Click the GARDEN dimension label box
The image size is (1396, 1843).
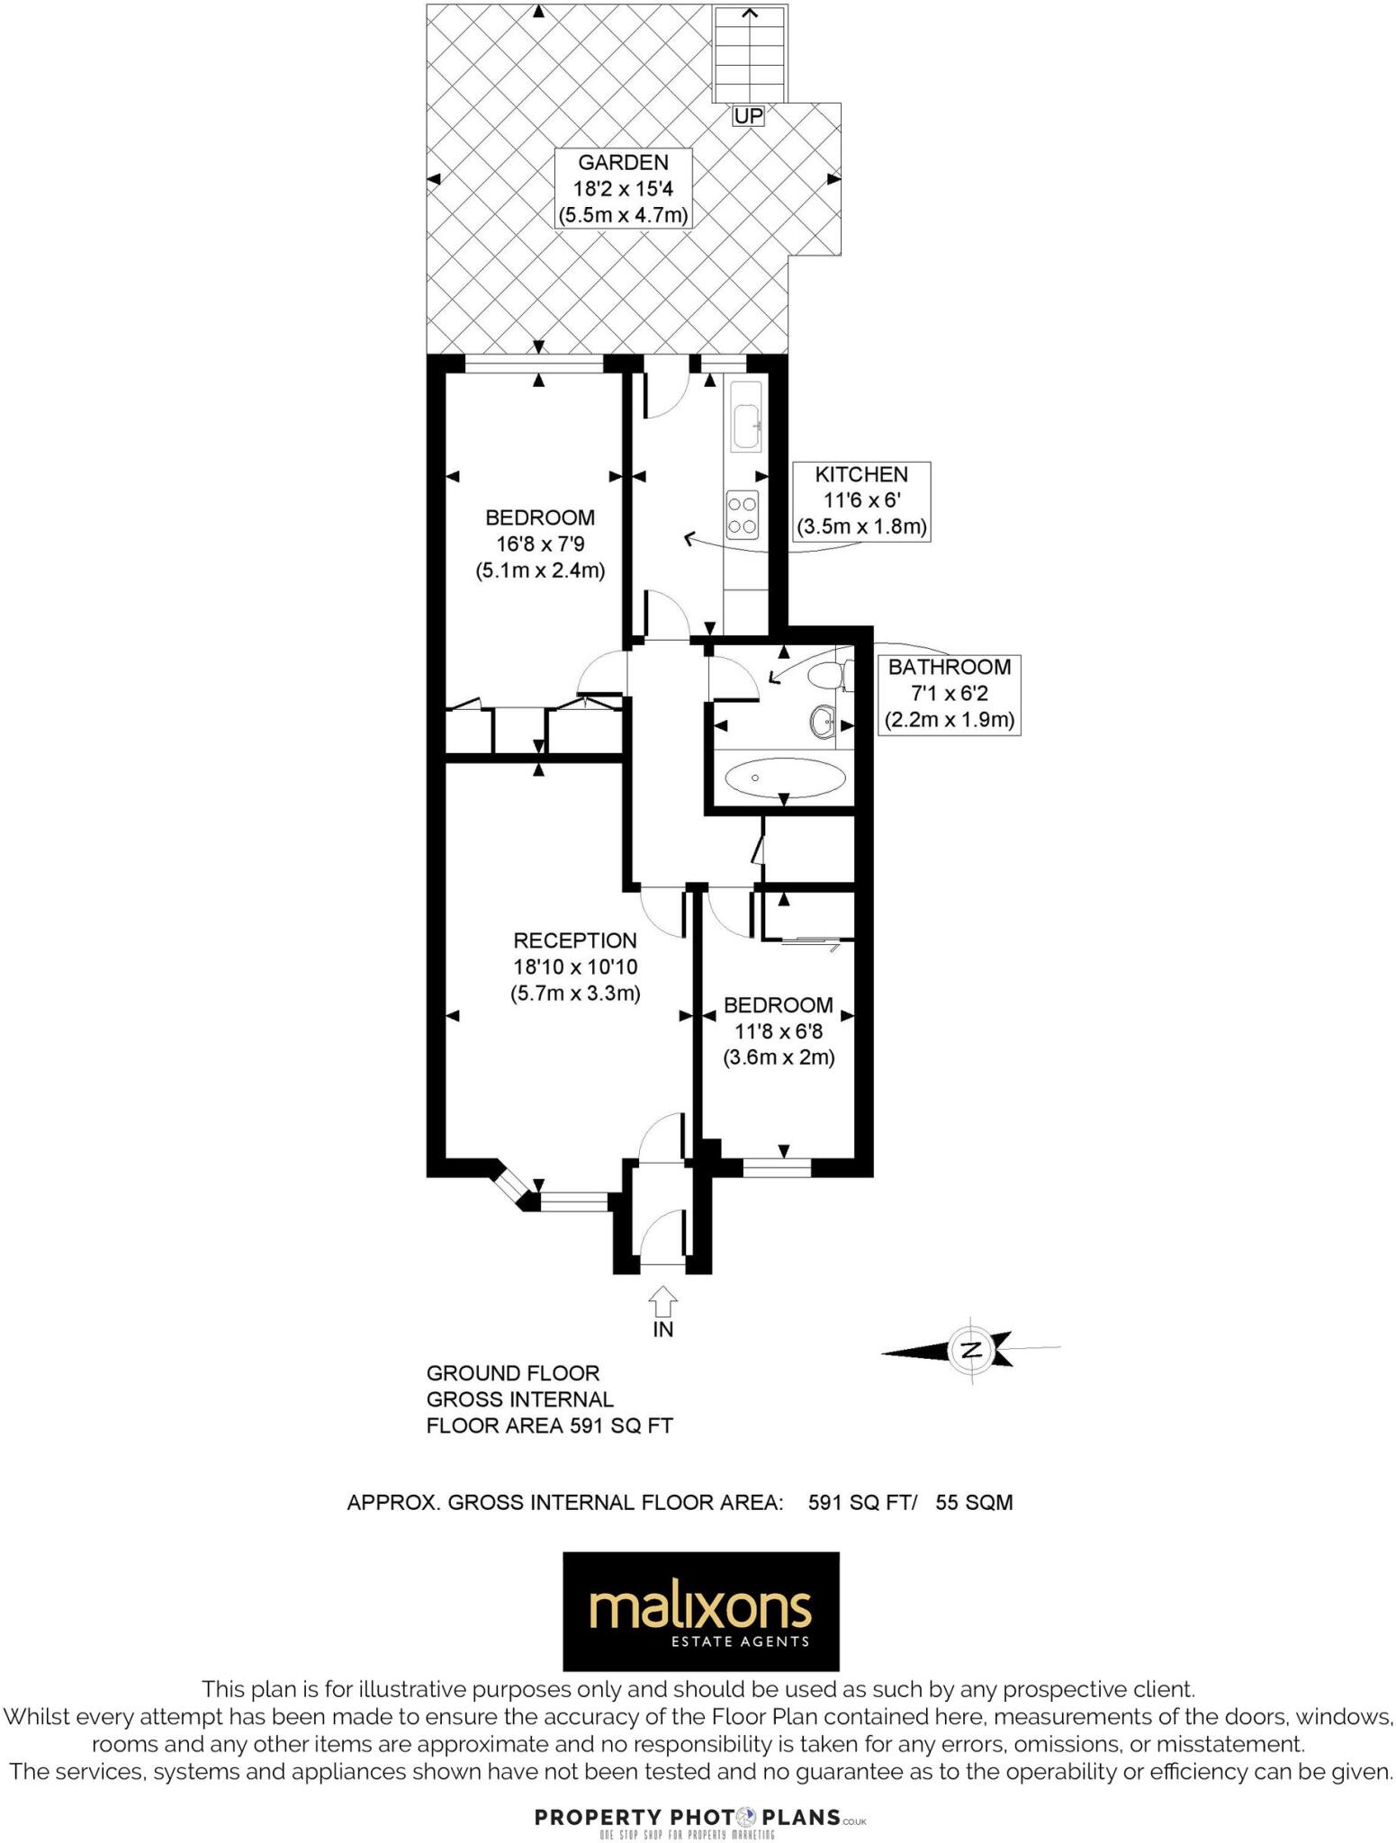(x=623, y=189)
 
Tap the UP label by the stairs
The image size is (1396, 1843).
(x=748, y=116)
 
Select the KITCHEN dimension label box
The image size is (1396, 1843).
(x=860, y=501)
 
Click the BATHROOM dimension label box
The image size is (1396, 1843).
(x=949, y=694)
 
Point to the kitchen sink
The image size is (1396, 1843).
(x=747, y=426)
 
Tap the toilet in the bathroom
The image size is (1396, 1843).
(x=826, y=675)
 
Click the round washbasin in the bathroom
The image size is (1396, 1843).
(x=823, y=721)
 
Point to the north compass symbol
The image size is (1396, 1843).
(x=970, y=1350)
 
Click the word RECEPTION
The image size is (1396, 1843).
(x=574, y=940)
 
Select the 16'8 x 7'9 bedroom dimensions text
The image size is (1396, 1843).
(x=539, y=544)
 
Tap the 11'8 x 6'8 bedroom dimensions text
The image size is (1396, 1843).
(x=778, y=1031)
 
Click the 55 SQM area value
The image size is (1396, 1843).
(x=974, y=1502)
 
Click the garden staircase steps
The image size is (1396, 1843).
(x=749, y=54)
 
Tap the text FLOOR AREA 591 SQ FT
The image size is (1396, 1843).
(x=549, y=1425)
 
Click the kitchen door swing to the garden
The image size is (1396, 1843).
(x=666, y=394)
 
